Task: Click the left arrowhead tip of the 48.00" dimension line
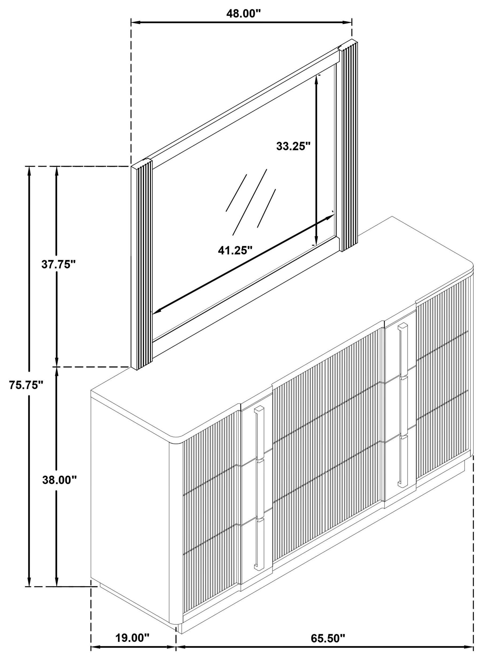point(131,22)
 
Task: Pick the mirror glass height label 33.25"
point(293,146)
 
